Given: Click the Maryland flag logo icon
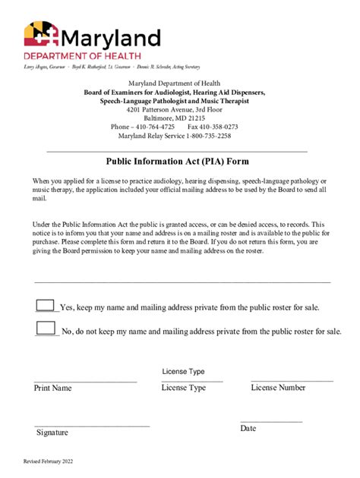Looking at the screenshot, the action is coord(38,36).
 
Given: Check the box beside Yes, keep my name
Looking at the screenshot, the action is coord(46,306).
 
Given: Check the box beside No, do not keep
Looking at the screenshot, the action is coord(46,329).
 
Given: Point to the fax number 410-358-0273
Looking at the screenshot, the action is coord(219,127).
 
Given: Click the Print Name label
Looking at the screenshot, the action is coord(52,388).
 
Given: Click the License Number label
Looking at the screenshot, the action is coord(278,388).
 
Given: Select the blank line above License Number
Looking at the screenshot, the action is coord(292,380).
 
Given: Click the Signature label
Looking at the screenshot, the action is coord(52,432).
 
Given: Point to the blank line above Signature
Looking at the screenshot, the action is coord(92,426).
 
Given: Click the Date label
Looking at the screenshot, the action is coord(248,429).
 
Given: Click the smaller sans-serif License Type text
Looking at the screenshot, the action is coord(183,372).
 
